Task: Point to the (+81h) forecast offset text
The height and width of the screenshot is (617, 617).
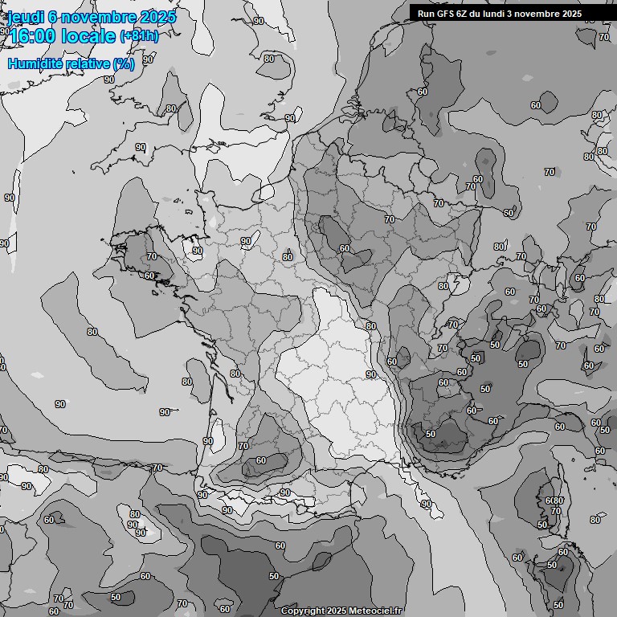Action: tap(140, 36)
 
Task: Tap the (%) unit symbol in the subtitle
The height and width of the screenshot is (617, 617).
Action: tap(123, 63)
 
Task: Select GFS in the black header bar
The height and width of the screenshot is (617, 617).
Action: tap(446, 14)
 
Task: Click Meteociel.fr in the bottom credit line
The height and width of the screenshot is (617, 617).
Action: tap(374, 611)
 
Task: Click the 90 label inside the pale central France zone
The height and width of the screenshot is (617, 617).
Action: tap(371, 374)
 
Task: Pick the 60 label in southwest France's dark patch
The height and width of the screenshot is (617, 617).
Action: tap(260, 461)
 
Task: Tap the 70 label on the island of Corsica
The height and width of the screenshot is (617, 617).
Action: tap(555, 511)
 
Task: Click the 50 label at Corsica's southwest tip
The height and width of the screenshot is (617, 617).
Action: tap(542, 525)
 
